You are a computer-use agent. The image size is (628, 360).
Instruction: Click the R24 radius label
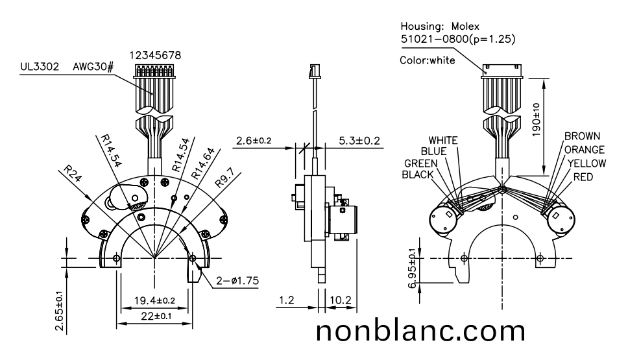(72, 175)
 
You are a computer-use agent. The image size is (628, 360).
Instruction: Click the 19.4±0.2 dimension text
(154, 300)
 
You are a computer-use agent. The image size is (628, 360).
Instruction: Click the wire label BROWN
(582, 137)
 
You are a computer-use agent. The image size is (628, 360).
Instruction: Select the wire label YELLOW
(586, 163)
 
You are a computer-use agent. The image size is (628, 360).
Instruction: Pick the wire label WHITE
(443, 140)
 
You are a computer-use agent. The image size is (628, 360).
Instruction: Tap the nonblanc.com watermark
(420, 331)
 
